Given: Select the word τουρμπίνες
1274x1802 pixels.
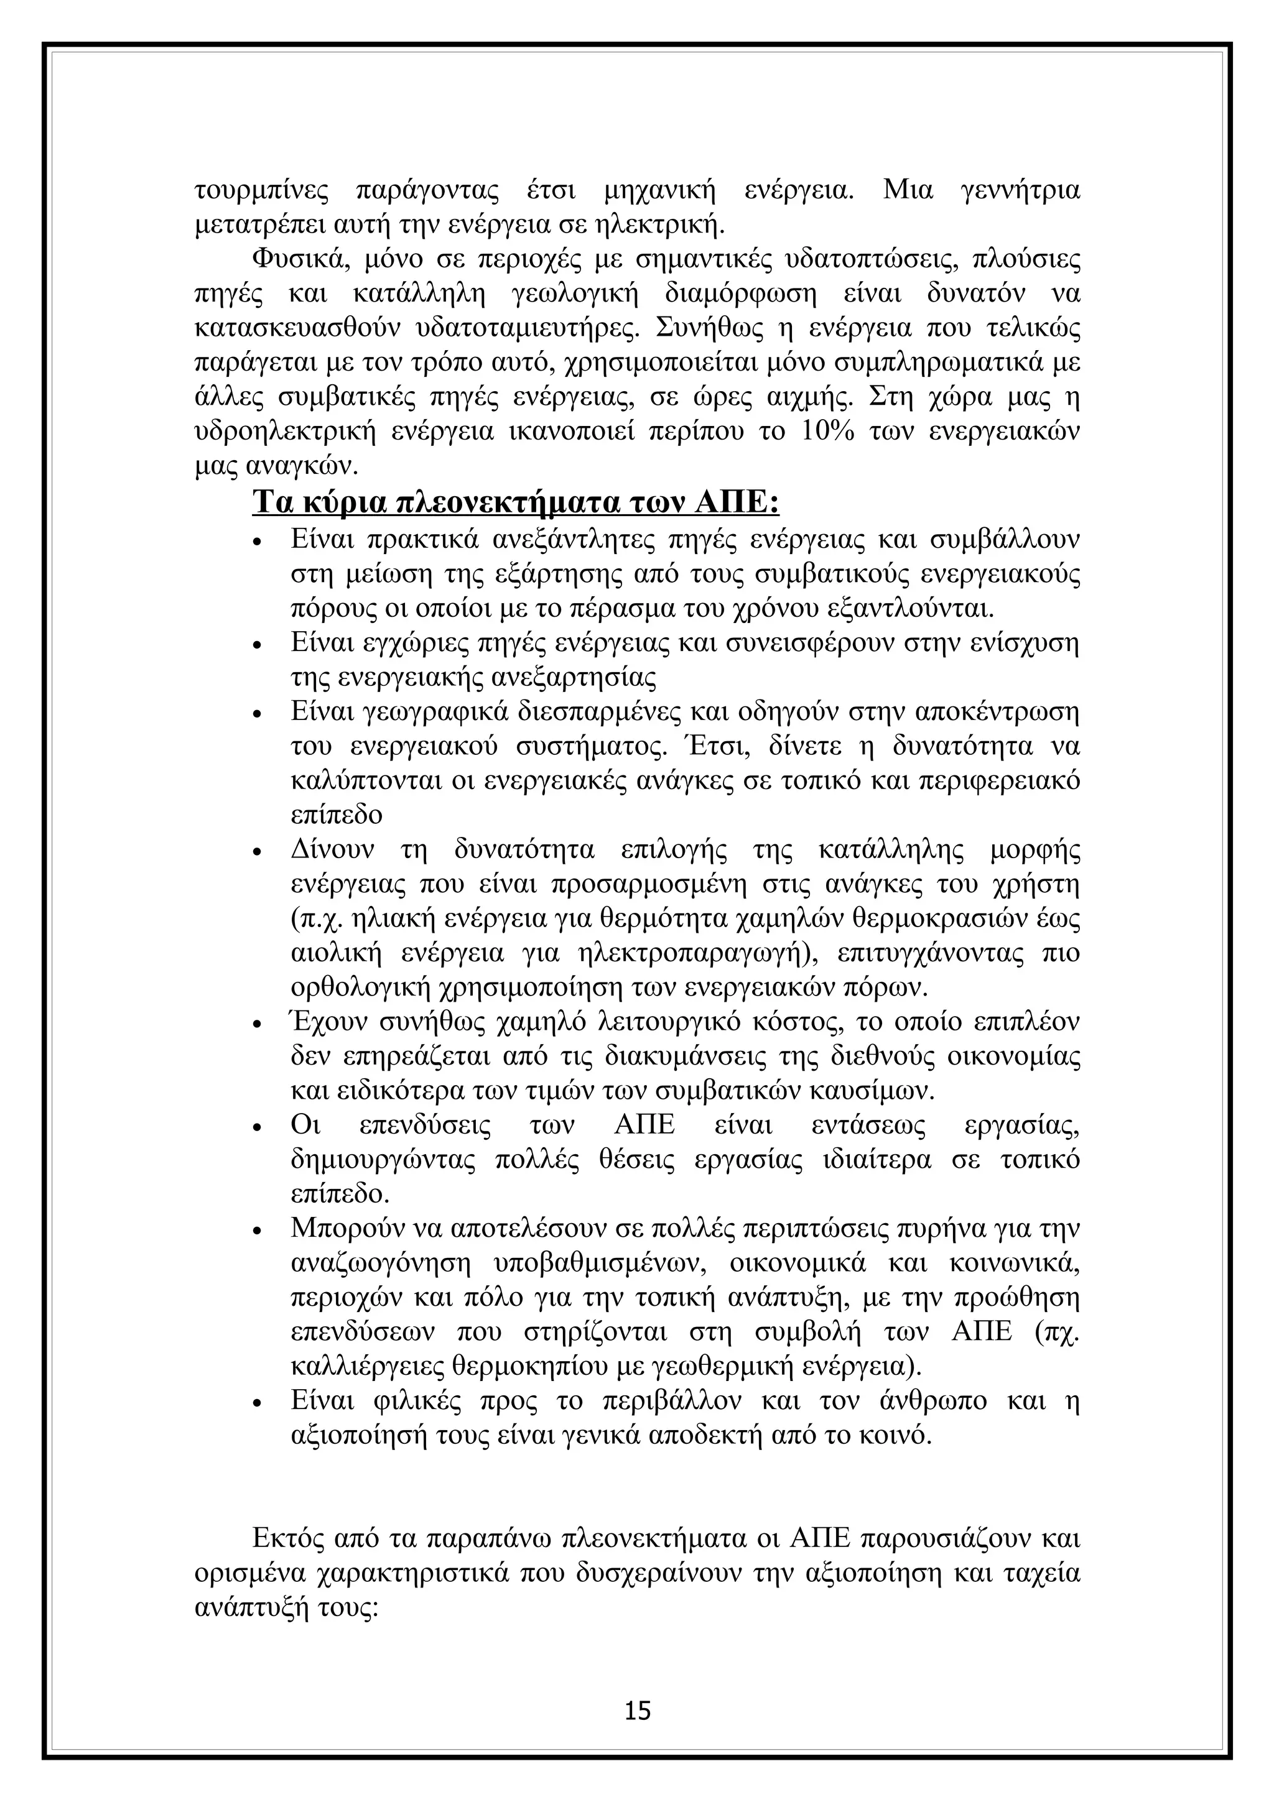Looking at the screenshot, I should point(261,191).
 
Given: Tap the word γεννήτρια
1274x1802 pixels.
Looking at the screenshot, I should point(1020,191).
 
